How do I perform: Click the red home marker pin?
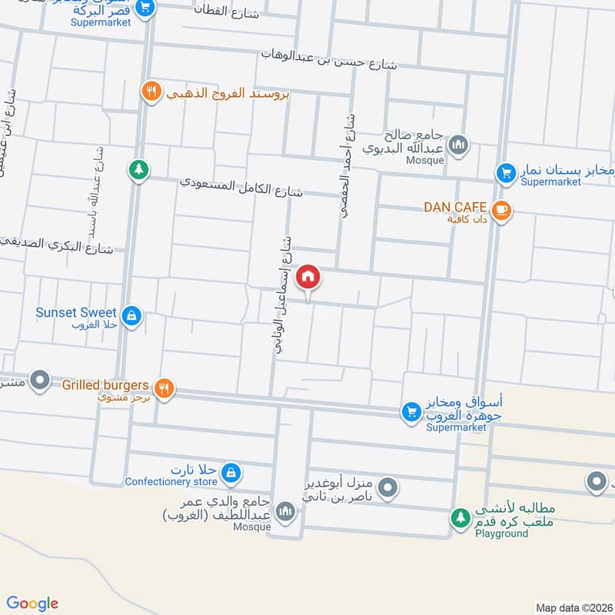pos(308,275)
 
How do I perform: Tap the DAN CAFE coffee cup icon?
pos(501,209)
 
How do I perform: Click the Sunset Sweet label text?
pos(76,312)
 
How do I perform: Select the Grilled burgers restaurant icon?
pos(163,388)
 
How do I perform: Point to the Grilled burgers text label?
pos(105,383)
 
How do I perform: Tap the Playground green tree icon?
pos(460,518)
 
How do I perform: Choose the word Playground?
pos(501,533)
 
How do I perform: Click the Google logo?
pos(33,603)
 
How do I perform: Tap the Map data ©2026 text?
pos(573,607)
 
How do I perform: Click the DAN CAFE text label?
pos(455,207)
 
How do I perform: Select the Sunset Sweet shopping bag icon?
pos(132,315)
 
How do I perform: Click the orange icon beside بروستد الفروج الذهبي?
pos(151,91)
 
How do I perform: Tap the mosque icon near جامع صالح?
pos(458,145)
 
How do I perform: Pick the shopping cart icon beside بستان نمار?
pos(505,173)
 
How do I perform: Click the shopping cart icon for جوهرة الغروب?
pos(411,412)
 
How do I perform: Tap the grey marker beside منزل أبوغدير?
pos(388,487)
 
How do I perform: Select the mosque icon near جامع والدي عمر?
pos(286,510)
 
